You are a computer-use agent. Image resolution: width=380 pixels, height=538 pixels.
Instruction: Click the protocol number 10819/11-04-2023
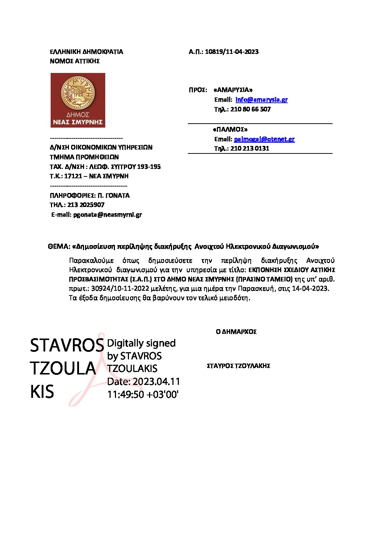(x=232, y=52)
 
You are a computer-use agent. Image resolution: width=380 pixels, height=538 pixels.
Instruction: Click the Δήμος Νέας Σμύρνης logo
(x=78, y=100)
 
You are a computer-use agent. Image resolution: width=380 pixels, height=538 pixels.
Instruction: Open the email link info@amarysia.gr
(x=261, y=100)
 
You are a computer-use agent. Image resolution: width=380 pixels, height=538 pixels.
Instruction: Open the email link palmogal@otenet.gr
(x=264, y=139)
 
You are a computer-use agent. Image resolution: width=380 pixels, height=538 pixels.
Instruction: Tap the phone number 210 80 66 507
(x=250, y=109)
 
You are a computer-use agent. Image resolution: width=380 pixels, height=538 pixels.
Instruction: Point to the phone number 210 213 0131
(x=250, y=148)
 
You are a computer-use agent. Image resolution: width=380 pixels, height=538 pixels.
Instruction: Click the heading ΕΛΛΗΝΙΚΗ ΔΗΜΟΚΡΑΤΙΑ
(x=87, y=52)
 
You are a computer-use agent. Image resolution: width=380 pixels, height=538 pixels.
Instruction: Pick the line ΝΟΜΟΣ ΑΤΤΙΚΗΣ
(x=75, y=61)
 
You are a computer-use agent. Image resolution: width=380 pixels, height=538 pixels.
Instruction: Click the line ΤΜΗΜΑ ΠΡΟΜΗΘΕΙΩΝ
(x=84, y=157)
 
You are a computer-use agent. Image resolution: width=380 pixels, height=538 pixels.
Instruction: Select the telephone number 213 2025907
(x=86, y=205)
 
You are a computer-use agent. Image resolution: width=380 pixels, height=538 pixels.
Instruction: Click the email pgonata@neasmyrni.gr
(x=107, y=215)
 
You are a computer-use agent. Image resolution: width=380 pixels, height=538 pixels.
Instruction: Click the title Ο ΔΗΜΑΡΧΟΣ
(x=236, y=332)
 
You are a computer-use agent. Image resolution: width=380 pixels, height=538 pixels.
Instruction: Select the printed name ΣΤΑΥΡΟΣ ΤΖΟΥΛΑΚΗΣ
(x=238, y=366)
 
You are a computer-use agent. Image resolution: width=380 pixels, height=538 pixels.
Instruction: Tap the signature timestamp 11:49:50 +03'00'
(x=143, y=394)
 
